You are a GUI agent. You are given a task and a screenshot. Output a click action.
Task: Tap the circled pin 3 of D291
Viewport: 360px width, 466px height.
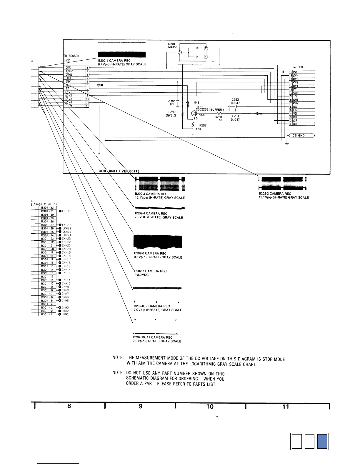[x=179, y=52]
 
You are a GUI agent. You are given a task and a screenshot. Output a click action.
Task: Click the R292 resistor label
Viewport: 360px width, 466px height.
[x=203, y=125]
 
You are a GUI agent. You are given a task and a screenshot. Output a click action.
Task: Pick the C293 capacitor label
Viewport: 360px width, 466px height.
[x=235, y=99]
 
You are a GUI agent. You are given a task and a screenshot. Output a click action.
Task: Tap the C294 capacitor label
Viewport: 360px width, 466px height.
[x=236, y=116]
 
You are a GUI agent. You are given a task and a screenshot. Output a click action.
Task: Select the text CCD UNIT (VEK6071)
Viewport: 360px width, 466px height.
[x=119, y=171]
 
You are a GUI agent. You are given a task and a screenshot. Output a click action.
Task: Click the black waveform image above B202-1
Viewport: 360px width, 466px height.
[x=122, y=55]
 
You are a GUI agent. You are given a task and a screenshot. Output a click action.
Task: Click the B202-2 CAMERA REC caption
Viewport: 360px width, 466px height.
[x=275, y=194]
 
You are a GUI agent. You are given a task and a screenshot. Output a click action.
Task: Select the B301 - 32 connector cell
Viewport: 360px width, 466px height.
[x=47, y=208]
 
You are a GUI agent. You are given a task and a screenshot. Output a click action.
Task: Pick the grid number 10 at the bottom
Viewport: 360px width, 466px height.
[x=210, y=407]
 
